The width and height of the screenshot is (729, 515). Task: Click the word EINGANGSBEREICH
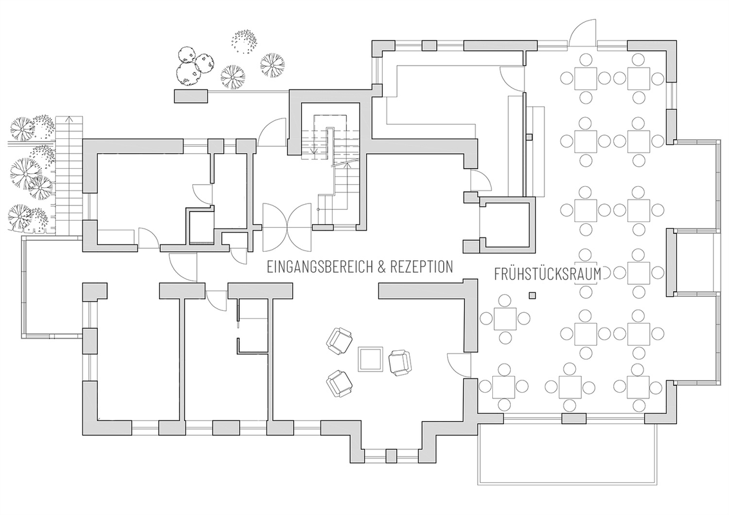320,267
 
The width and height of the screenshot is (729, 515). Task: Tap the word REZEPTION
421,267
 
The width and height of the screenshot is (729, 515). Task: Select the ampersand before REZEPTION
382,267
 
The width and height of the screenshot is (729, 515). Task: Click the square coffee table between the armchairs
370,359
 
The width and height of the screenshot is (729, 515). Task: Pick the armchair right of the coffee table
400,362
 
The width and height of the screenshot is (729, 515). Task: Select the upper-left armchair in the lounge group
339,341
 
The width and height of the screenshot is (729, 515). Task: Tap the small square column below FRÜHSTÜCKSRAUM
532,294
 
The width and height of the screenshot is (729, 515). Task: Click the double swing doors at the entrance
287,227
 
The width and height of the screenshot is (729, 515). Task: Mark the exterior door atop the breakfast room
582,33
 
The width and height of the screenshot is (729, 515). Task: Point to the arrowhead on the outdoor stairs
69,120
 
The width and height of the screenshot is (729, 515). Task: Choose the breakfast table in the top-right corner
639,78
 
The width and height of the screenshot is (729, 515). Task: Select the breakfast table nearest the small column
505,319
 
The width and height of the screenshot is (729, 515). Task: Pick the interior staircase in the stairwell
330,167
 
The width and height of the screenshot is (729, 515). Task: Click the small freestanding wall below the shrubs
190,96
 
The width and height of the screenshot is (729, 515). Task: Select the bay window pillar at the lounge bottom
391,455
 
